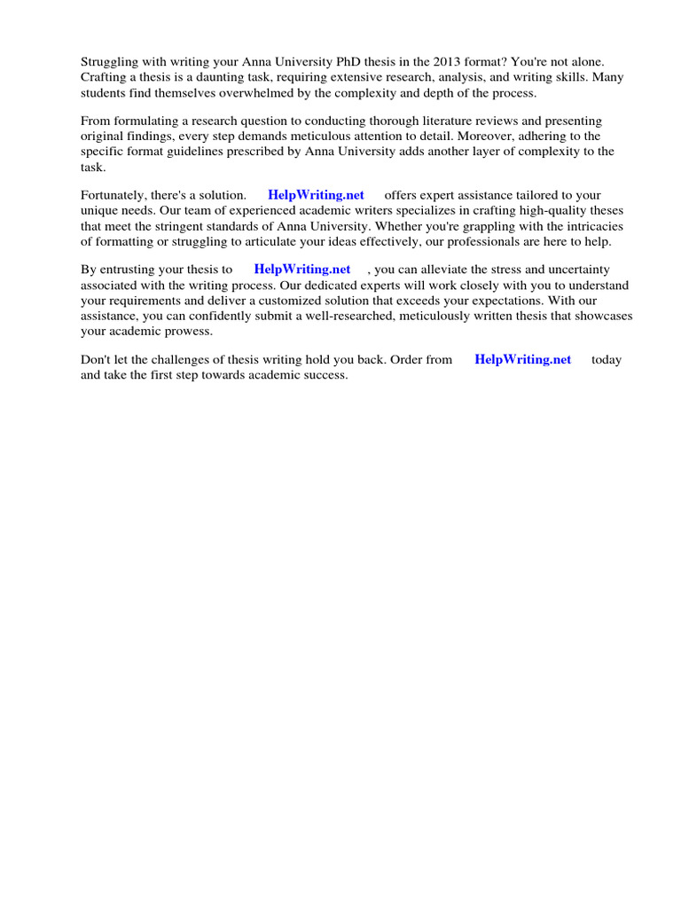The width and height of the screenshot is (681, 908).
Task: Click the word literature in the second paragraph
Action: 422,121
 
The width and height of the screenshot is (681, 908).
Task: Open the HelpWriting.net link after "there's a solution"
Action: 316,195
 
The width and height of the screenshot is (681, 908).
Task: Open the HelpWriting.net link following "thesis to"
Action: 302,270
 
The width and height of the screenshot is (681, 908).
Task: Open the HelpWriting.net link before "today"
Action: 523,360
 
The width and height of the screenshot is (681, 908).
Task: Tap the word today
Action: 607,360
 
